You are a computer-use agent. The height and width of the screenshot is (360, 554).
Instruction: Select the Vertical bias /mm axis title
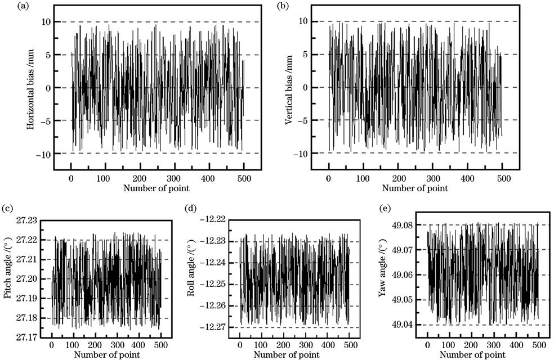289,88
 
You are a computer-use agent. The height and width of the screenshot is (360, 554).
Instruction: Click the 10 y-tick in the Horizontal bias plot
45,22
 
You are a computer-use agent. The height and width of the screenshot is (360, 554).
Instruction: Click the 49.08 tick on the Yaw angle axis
404,225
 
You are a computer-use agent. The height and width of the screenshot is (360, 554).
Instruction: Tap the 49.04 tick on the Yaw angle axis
404,325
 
